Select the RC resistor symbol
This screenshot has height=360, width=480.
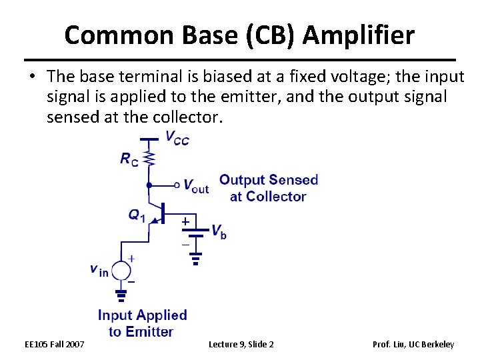150,159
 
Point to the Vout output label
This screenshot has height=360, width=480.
195,187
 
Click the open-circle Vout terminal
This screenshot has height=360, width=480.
177,185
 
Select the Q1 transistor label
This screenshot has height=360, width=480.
137,215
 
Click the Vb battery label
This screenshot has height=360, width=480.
219,231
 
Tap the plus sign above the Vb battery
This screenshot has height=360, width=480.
185,221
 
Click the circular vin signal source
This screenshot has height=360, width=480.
121,271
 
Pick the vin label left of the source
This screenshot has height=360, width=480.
99,270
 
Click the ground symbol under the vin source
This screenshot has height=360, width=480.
121,294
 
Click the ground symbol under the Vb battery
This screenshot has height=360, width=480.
195,258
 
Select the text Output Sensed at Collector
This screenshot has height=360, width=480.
268,188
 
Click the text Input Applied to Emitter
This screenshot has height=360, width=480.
142,323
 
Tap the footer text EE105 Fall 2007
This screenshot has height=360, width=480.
55,344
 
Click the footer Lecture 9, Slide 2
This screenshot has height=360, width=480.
241,344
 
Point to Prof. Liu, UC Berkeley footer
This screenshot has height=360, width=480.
413,344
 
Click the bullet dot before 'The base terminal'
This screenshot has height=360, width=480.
32,79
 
